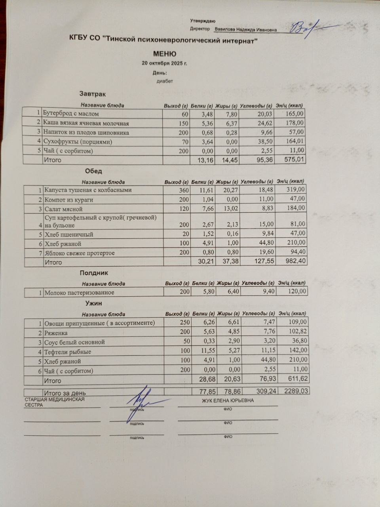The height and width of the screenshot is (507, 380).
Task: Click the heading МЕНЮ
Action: (x=165, y=54)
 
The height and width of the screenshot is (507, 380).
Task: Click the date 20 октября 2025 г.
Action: (x=164, y=63)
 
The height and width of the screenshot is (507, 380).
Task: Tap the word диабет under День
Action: (x=165, y=82)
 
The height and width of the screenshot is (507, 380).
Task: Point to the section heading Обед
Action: (x=93, y=171)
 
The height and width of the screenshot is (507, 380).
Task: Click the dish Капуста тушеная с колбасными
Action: (x=88, y=190)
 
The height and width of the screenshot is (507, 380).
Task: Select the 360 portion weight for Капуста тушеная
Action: (x=184, y=191)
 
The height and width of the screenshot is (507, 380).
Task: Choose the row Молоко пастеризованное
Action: (x=79, y=293)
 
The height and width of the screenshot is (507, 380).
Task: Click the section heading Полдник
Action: (x=94, y=273)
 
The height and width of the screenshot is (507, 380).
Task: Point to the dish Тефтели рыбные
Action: (x=68, y=352)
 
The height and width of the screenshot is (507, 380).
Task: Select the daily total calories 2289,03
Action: (x=296, y=391)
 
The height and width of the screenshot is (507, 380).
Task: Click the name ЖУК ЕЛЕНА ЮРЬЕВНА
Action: (x=228, y=400)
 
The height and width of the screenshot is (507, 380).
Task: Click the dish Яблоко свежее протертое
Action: (x=80, y=253)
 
